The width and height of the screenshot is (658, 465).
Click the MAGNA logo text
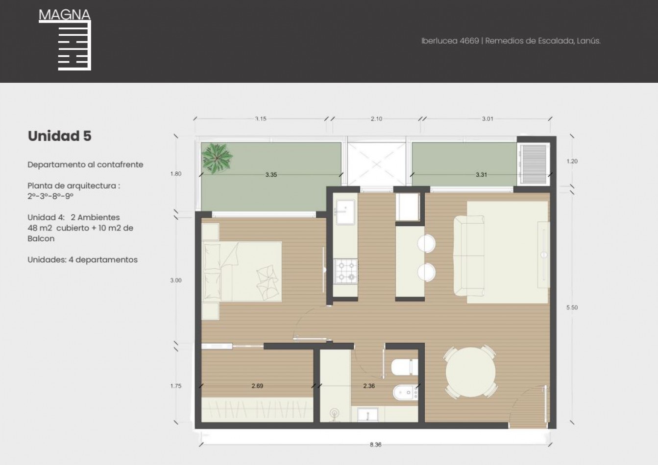(64, 15)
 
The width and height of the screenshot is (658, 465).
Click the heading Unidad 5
(60, 136)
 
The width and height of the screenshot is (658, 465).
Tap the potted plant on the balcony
(217, 158)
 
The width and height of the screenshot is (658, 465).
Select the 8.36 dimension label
(375, 445)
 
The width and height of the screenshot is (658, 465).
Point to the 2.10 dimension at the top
(376, 119)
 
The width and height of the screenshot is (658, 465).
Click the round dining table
(470, 372)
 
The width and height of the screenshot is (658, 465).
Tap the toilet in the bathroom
(405, 367)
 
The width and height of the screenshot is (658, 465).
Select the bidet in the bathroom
(406, 392)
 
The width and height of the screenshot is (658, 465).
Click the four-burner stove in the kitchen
(346, 271)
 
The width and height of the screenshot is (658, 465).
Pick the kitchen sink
(345, 212)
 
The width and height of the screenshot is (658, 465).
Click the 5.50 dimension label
(572, 307)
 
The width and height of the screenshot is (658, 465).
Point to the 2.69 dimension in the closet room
(257, 386)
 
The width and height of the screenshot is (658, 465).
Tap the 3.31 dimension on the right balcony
(481, 175)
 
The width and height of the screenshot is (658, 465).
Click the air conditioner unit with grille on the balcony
(533, 164)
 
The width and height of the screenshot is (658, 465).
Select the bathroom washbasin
(367, 415)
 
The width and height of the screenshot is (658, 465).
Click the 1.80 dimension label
(176, 174)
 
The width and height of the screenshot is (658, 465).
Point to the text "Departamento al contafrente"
(85, 164)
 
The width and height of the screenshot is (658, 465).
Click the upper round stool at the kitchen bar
(426, 243)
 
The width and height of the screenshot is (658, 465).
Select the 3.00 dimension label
(176, 280)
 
